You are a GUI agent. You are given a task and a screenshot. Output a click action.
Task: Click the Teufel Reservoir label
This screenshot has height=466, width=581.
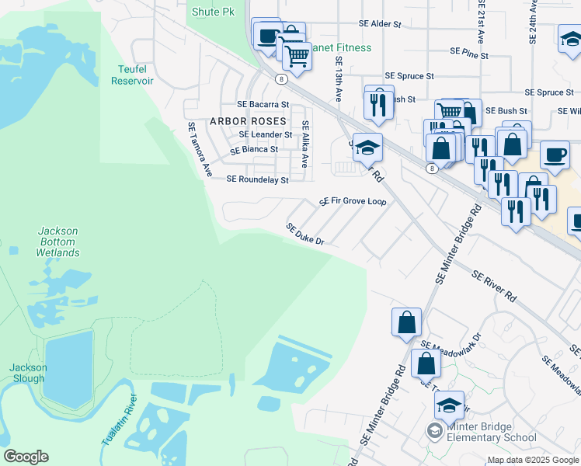pos(135,75)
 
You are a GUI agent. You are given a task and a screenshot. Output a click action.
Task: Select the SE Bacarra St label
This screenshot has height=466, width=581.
pos(263,104)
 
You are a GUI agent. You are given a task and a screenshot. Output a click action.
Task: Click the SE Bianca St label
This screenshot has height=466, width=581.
pos(253,149)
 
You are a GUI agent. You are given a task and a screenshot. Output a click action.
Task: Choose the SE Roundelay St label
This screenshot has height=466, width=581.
pos(257,179)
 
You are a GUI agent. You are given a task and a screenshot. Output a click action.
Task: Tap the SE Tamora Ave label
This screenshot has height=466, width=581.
pos(198,149)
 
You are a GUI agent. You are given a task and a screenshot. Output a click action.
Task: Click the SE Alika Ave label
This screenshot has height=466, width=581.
pos(305,144)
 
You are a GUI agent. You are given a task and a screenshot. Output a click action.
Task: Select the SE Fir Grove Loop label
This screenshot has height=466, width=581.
pos(353,201)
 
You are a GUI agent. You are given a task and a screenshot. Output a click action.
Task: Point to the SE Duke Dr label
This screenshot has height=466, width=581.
pos(304,234)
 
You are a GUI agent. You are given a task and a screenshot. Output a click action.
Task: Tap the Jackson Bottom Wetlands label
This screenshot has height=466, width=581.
pos(57,242)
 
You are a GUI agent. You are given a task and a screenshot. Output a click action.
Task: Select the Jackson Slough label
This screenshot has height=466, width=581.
pos(27,373)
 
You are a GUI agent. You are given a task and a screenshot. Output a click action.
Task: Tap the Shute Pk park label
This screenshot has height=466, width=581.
pos(212,12)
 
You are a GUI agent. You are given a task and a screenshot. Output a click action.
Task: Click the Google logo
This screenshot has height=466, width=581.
pos(25,457)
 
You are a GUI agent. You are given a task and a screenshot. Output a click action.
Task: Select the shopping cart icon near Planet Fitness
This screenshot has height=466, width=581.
pos(297,55)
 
